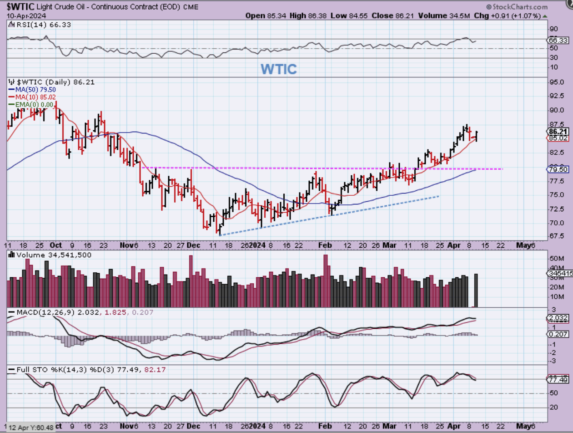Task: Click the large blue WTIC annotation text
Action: coord(279,69)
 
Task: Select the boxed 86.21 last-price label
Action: coord(558,131)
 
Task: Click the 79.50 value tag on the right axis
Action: coord(558,169)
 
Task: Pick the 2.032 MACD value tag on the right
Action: coord(558,319)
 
